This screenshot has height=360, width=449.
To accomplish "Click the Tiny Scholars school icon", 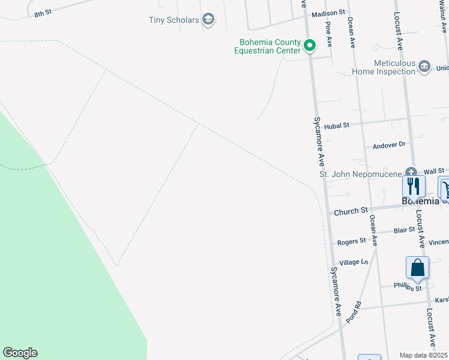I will pyautogui.click(x=208, y=20).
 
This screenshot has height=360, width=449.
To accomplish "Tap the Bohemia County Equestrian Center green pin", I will pyautogui.click(x=310, y=45).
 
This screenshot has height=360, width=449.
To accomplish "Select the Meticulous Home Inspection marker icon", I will pyautogui.click(x=425, y=65).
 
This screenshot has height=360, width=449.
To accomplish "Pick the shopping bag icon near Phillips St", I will pyautogui.click(x=417, y=267).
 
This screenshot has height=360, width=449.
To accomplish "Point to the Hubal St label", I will pyautogui.click(x=336, y=126).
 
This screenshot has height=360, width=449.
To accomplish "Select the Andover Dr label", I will pyautogui.click(x=390, y=145).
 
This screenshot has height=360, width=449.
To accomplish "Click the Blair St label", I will pyautogui.click(x=405, y=230).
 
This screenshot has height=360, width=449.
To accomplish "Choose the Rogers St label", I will pyautogui.click(x=351, y=241).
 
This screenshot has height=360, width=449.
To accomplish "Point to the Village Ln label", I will pyautogui.click(x=354, y=262).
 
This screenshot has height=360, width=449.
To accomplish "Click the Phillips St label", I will pyautogui.click(x=408, y=287).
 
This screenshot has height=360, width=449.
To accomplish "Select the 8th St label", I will pyautogui.click(x=43, y=13).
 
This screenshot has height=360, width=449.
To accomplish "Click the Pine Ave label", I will pyautogui.click(x=328, y=35).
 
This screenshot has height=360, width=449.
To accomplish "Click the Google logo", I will pyautogui.click(x=20, y=353).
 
